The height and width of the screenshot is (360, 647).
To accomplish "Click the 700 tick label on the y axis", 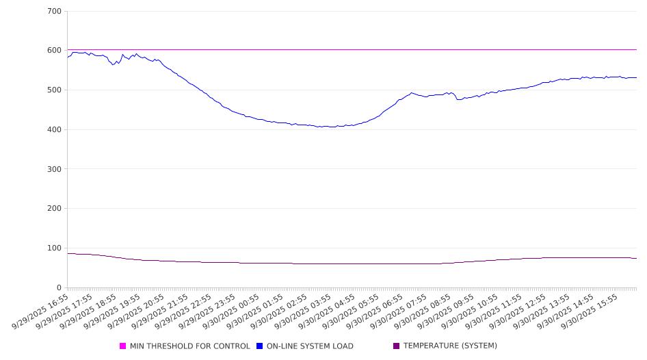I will (x=55, y=12).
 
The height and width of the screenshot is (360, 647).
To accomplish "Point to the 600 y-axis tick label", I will (x=55, y=51).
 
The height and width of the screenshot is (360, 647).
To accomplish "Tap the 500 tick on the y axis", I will (x=55, y=90).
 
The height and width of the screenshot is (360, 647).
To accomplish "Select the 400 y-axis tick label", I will (x=55, y=130).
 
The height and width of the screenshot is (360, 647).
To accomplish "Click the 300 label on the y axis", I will (x=55, y=169).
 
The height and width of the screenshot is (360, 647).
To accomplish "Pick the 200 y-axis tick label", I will (x=55, y=209).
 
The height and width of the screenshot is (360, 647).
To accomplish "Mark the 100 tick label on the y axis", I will (x=55, y=248).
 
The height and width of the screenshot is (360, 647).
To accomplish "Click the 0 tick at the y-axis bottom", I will (x=59, y=288).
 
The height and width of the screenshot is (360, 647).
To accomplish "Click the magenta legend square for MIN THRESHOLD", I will (x=123, y=346).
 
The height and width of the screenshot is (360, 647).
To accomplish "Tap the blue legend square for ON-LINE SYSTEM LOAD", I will (x=260, y=346).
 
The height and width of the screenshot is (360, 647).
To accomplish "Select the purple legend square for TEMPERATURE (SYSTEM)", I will (x=396, y=346).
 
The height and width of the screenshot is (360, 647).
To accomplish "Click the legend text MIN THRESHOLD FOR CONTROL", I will (x=189, y=346).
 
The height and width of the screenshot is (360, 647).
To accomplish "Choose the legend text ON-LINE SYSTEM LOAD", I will (x=310, y=346).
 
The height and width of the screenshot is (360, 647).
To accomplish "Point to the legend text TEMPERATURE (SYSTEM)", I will (x=450, y=346).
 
